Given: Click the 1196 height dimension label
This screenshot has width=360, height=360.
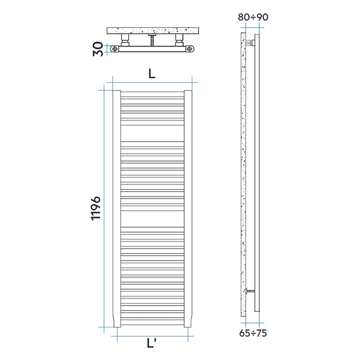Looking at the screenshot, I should [x=96, y=208].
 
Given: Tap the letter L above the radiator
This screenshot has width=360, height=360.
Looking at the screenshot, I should [x=152, y=74].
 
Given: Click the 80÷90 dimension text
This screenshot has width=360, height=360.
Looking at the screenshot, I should [x=253, y=17].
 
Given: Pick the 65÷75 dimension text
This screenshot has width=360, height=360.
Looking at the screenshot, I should [x=252, y=333].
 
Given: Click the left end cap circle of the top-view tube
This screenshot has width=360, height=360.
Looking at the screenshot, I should [x=114, y=49].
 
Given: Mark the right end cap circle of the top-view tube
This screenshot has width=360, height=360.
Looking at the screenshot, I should [x=189, y=49].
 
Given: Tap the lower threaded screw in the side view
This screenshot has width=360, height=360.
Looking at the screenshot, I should [x=250, y=291].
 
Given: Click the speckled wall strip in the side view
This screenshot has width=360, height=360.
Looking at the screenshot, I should [x=243, y=169].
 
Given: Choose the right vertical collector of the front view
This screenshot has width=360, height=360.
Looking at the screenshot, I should [x=188, y=208].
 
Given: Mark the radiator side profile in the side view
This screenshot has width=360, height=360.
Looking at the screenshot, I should [x=257, y=169].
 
